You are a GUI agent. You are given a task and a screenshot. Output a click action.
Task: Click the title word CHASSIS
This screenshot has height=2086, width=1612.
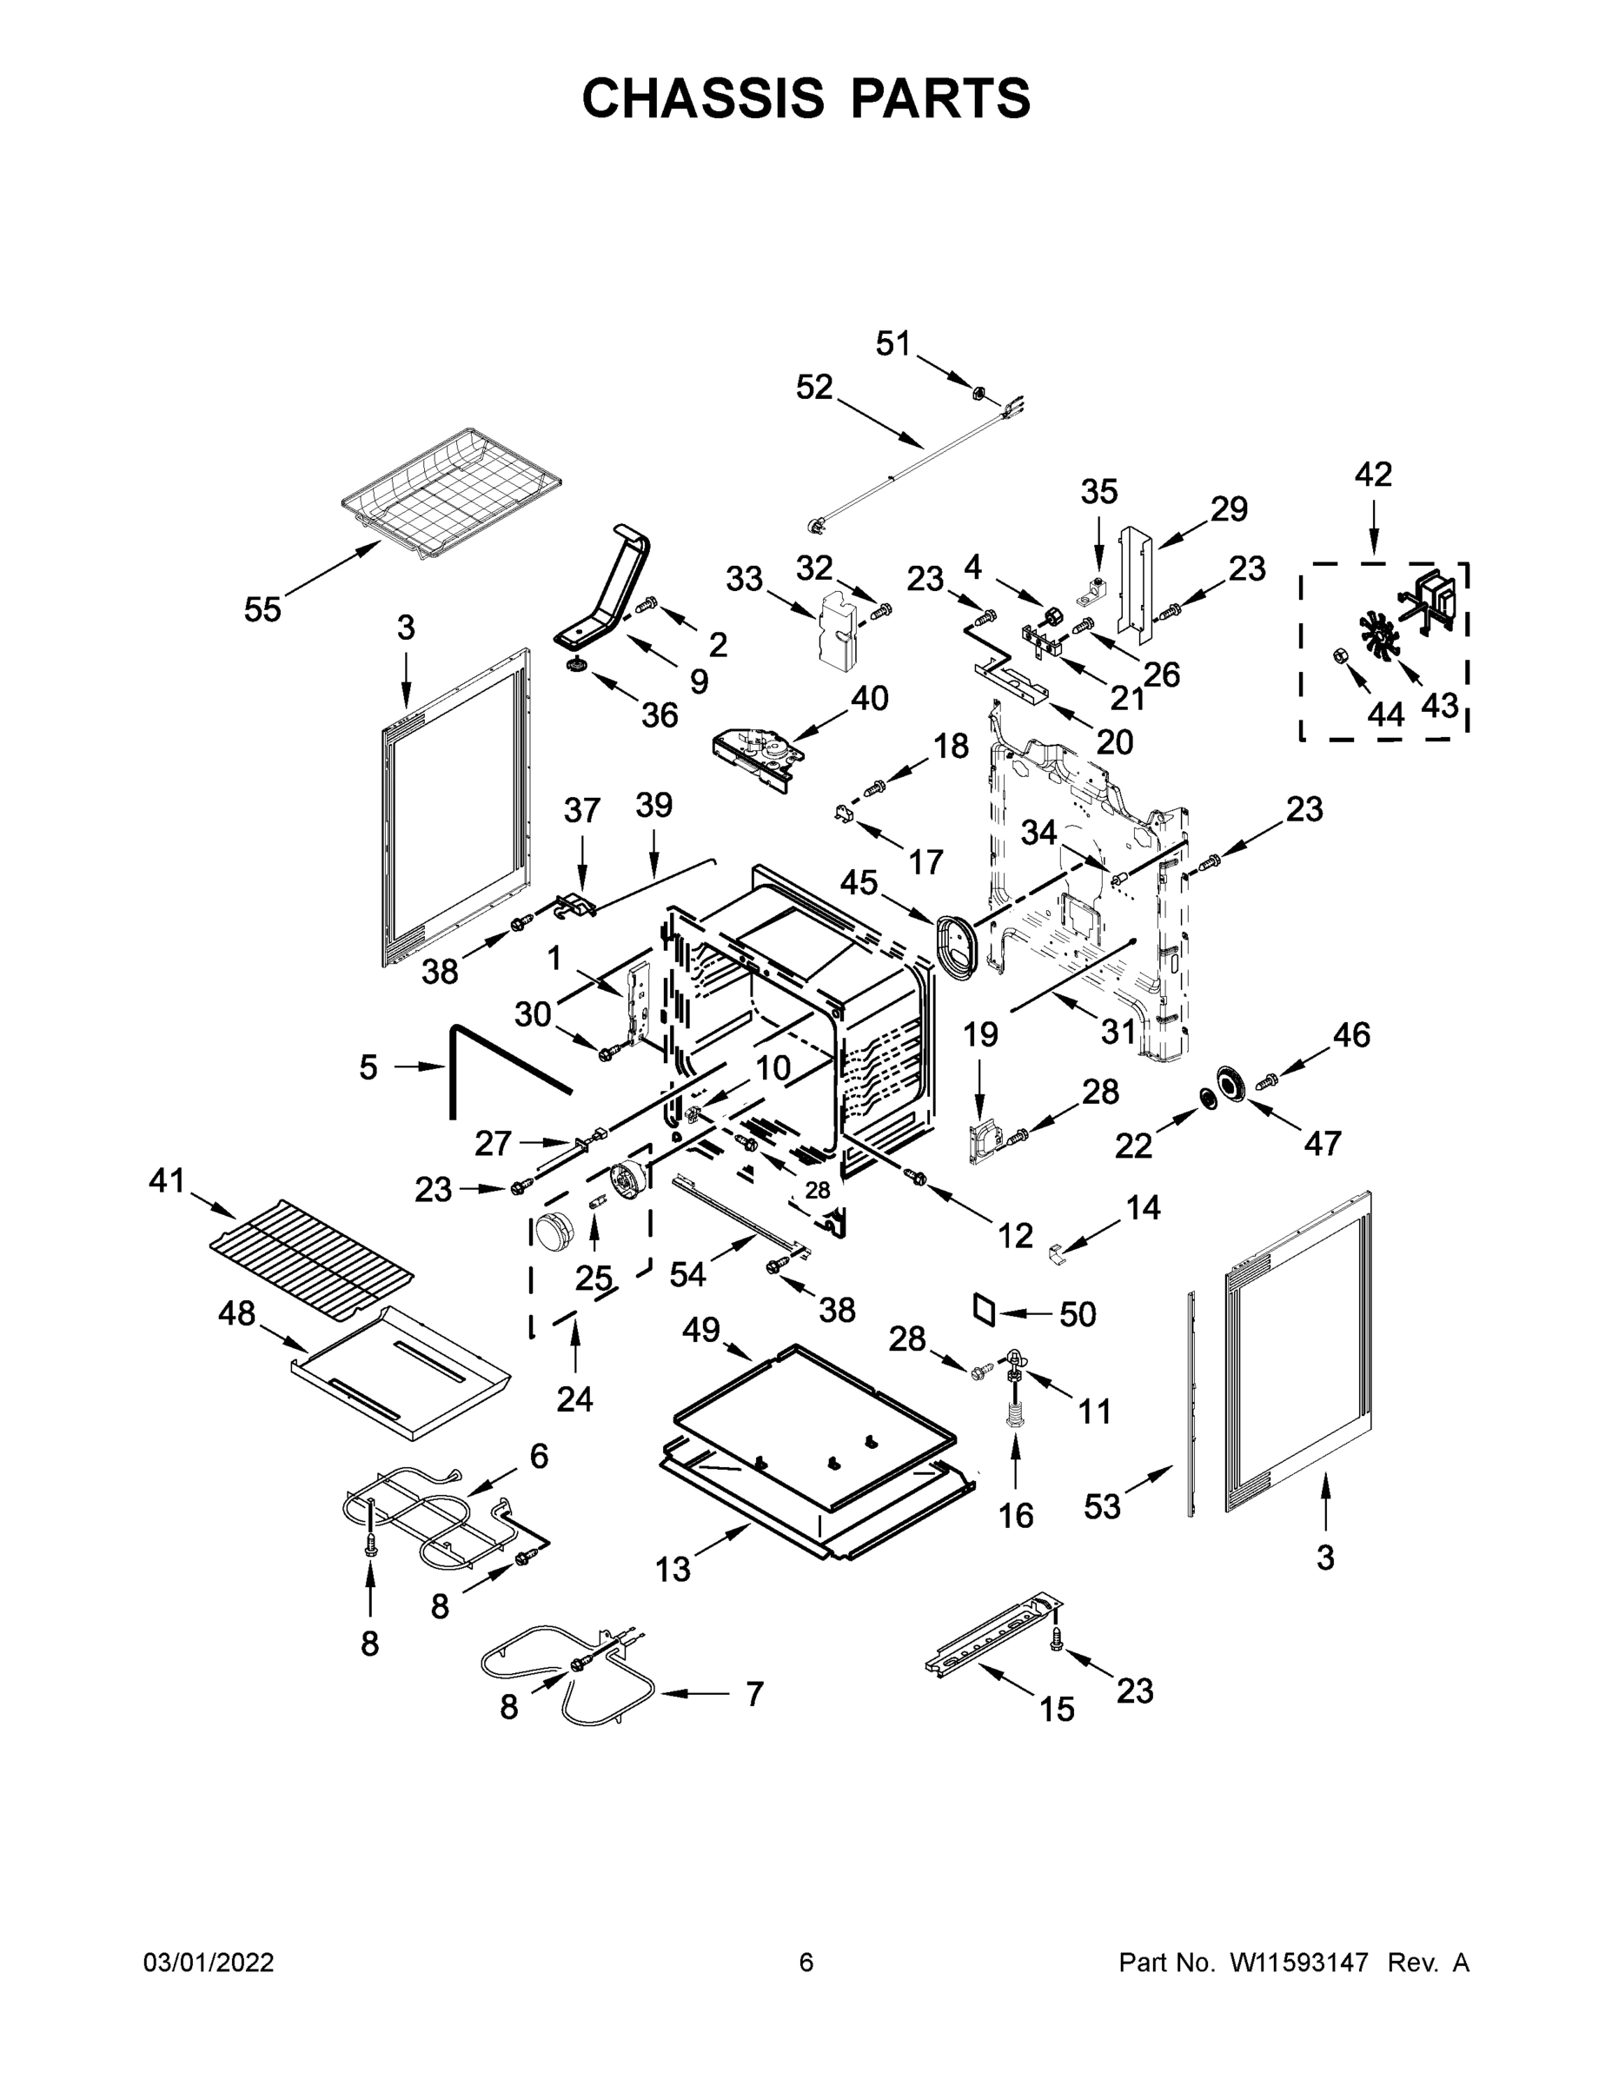tap(703, 98)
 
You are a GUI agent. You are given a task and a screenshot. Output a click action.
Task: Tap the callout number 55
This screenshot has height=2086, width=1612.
tap(262, 609)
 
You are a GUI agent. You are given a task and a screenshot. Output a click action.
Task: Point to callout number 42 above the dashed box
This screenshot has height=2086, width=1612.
tap(1373, 475)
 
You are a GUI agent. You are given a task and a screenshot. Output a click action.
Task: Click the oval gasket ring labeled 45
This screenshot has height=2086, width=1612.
tap(956, 946)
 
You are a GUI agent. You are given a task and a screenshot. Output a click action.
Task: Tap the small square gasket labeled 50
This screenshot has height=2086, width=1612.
tap(985, 1310)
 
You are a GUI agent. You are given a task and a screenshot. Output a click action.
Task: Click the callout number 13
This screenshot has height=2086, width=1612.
tap(673, 1568)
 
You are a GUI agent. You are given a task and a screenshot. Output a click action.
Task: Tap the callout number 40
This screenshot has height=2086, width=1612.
tap(869, 698)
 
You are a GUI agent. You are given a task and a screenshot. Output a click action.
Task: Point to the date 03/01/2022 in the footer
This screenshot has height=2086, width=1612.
tap(209, 1962)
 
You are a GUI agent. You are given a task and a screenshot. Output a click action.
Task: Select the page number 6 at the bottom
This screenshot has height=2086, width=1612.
tap(806, 1962)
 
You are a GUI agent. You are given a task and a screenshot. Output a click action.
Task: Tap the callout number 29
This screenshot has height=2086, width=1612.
tap(1229, 510)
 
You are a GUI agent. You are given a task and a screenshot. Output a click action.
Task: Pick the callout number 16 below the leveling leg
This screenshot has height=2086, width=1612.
tap(1016, 1515)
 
